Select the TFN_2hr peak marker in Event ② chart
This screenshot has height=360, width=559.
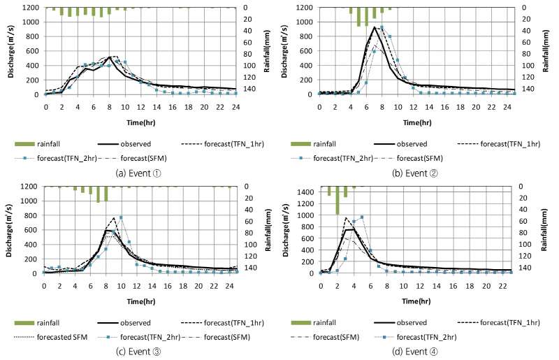382,27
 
